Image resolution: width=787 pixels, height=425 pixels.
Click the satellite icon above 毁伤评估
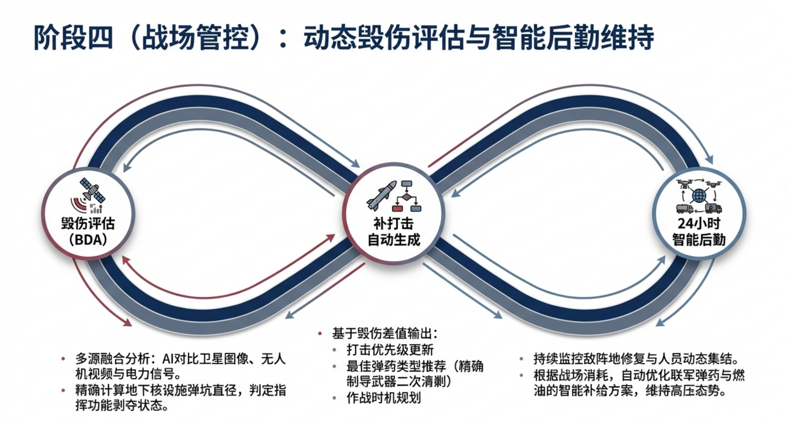pyautogui.click(x=92, y=191)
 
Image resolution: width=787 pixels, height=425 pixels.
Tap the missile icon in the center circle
pyautogui.click(x=381, y=195)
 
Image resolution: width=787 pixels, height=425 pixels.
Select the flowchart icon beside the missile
pyautogui.click(x=407, y=195)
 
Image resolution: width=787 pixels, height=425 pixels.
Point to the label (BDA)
pyautogui.click(x=88, y=240)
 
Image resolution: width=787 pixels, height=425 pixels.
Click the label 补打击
pyautogui.click(x=393, y=223)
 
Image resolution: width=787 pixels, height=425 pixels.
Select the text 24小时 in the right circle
pyautogui.click(x=698, y=223)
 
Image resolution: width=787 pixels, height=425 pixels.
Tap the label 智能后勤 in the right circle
pyautogui.click(x=698, y=240)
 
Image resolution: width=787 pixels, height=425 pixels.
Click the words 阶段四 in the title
pyautogui.click(x=74, y=37)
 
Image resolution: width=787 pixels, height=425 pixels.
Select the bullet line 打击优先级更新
pyautogui.click(x=390, y=350)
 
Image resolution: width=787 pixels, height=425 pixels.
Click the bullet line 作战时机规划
pyautogui.click(x=383, y=398)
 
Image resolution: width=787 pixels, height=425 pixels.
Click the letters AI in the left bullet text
pyautogui.click(x=168, y=359)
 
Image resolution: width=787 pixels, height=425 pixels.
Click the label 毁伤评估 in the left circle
pyautogui.click(x=88, y=223)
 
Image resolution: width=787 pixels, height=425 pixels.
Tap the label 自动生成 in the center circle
pyautogui.click(x=393, y=240)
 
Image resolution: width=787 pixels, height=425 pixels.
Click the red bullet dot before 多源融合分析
pyautogui.click(x=64, y=359)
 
